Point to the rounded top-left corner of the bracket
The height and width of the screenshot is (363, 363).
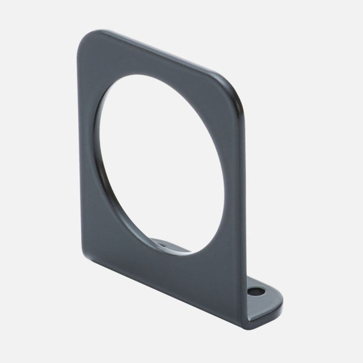(88, 38)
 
